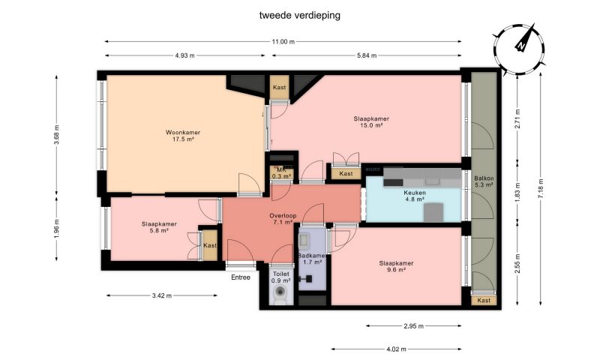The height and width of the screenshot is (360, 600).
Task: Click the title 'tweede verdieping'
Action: (x=299, y=15)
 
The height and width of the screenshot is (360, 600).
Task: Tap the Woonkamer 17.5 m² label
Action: (x=183, y=136)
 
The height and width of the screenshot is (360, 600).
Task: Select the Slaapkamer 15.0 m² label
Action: (x=371, y=121)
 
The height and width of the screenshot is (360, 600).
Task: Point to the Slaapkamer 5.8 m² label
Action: (x=159, y=227)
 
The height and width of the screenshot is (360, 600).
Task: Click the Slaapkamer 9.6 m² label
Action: (x=396, y=266)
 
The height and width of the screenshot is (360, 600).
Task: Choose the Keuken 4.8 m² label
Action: (x=415, y=196)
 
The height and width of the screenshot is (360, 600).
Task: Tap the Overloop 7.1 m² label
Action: (x=283, y=219)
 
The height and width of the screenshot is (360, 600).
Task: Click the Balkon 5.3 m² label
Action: (x=484, y=181)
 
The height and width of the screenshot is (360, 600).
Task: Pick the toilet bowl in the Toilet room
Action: (x=280, y=295)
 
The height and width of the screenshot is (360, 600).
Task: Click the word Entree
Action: (x=241, y=277)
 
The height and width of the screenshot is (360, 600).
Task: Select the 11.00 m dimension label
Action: (x=283, y=42)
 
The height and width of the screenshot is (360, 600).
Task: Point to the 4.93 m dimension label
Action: (x=184, y=55)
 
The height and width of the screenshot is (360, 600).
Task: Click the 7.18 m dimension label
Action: (x=540, y=188)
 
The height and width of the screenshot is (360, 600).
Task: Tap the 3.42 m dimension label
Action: (x=162, y=295)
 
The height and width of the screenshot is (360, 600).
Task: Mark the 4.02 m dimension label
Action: (x=397, y=349)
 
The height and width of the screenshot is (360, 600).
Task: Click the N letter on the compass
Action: (x=520, y=46)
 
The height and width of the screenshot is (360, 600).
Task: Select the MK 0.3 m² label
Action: (x=282, y=173)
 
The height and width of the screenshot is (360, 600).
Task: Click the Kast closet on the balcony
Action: (x=484, y=300)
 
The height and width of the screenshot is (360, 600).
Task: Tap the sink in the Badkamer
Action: (x=304, y=241)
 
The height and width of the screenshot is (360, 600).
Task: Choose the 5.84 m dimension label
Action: (x=367, y=55)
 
